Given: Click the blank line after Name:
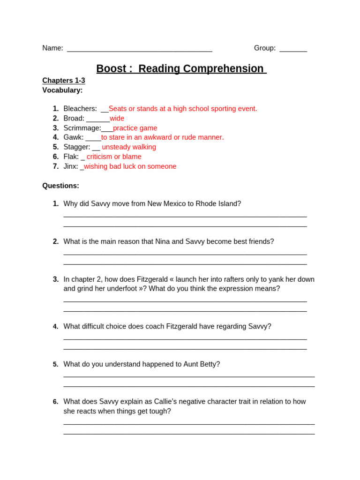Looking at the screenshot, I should point(139,49).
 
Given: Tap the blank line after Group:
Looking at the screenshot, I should point(293,49).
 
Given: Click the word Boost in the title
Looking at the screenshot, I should point(111,69).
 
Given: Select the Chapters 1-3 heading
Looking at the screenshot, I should point(64,81).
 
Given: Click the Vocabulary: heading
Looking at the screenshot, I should point(62,90).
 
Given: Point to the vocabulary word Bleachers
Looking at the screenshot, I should point(80,109).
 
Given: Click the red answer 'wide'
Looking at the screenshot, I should point(117,119).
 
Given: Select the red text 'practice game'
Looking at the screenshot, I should point(135,128).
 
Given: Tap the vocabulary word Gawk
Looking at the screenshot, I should point(73,137).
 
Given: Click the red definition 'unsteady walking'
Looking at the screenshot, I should point(129,147).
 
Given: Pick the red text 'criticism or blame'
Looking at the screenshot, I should point(114,157).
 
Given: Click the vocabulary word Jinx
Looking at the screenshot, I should point(70,166).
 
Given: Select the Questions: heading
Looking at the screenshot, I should point(60,186).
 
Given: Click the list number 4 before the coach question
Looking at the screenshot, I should point(55,327).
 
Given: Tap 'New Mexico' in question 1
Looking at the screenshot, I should point(166,204).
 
